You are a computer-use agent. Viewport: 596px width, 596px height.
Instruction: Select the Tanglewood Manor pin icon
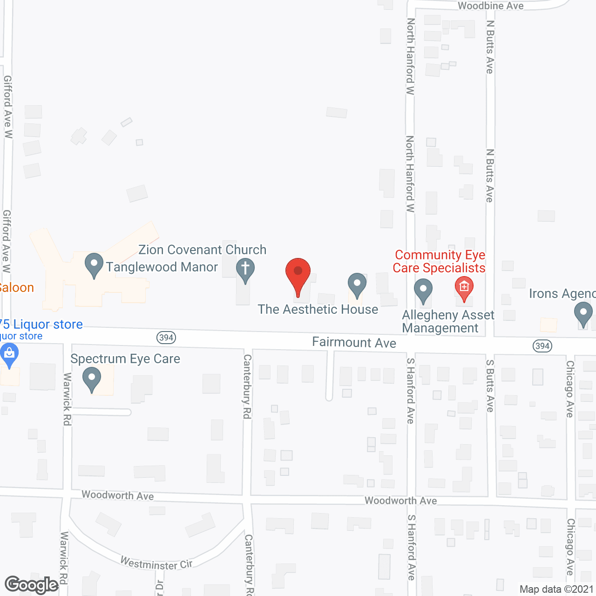point(94,264)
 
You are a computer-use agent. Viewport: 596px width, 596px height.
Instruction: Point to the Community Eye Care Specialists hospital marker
point(464,287)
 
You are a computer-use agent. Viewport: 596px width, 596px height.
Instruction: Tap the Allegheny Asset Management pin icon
point(423,290)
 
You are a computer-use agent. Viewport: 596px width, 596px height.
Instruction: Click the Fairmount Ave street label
point(354,343)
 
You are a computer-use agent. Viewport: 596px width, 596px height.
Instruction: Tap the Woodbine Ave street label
point(491,6)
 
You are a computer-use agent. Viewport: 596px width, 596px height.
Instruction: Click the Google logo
point(32,585)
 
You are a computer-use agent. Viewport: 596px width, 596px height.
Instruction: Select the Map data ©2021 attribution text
point(556,589)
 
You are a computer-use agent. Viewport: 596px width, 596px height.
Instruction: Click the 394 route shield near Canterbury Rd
point(166,338)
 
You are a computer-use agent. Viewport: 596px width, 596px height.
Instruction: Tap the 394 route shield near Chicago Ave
point(542,346)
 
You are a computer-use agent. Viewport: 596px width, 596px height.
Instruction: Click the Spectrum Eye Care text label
point(125,359)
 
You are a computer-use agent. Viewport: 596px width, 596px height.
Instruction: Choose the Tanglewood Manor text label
point(162,267)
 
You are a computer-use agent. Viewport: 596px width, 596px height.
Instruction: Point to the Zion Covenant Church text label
point(203,250)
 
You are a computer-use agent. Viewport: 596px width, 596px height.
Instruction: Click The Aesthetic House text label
point(318,309)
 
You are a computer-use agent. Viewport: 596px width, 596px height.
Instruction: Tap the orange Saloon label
point(17,288)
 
